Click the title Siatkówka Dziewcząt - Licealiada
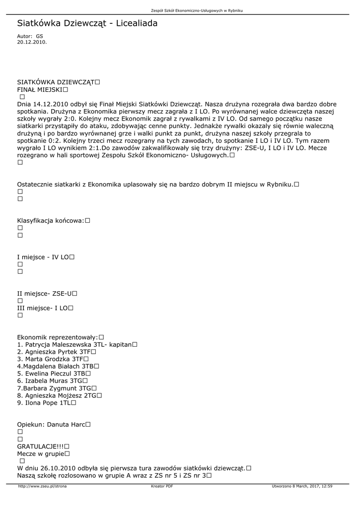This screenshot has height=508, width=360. pyautogui.click(x=87, y=23)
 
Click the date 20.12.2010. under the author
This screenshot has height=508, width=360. pyautogui.click(x=32, y=42)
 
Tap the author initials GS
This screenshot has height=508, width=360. pyautogui.click(x=40, y=36)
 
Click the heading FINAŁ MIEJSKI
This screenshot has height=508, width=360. pyautogui.click(x=39, y=90)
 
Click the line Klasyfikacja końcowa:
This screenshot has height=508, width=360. pyautogui.click(x=51, y=220)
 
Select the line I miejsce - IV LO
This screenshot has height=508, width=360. pyautogui.click(x=43, y=257)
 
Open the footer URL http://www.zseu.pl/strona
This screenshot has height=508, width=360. pyautogui.click(x=42, y=486)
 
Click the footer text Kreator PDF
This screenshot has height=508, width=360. pyautogui.click(x=162, y=486)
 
